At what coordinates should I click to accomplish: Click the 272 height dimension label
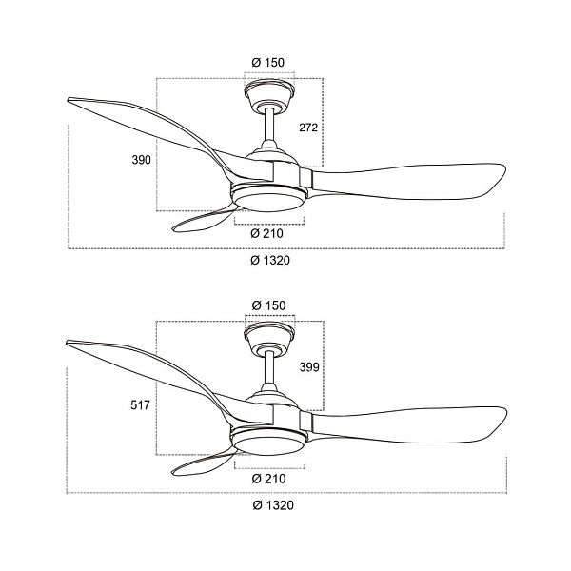click(x=308, y=128)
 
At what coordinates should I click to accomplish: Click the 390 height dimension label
click(x=141, y=160)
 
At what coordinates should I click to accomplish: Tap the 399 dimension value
click(x=309, y=367)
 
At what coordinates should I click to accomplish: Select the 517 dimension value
click(x=140, y=405)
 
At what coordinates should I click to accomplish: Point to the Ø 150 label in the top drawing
click(x=268, y=62)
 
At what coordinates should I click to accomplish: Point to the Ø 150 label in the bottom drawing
click(x=269, y=305)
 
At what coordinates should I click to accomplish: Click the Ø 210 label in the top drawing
click(x=266, y=233)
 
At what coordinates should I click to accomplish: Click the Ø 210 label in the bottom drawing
click(x=268, y=479)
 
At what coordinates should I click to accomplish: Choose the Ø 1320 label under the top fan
click(x=270, y=260)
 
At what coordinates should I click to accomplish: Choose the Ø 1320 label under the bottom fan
click(x=273, y=505)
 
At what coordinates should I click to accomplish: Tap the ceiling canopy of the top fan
click(x=269, y=94)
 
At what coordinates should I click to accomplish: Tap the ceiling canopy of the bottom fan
click(x=269, y=338)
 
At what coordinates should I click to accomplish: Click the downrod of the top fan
click(x=269, y=126)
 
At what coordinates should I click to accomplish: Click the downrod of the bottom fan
click(x=269, y=368)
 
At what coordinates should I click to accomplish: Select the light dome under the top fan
click(x=268, y=200)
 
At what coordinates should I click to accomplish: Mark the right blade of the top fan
click(x=408, y=182)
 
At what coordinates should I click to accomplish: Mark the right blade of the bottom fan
click(x=408, y=424)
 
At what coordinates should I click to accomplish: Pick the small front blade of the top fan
click(x=203, y=220)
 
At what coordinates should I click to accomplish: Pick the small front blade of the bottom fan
click(x=203, y=463)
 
